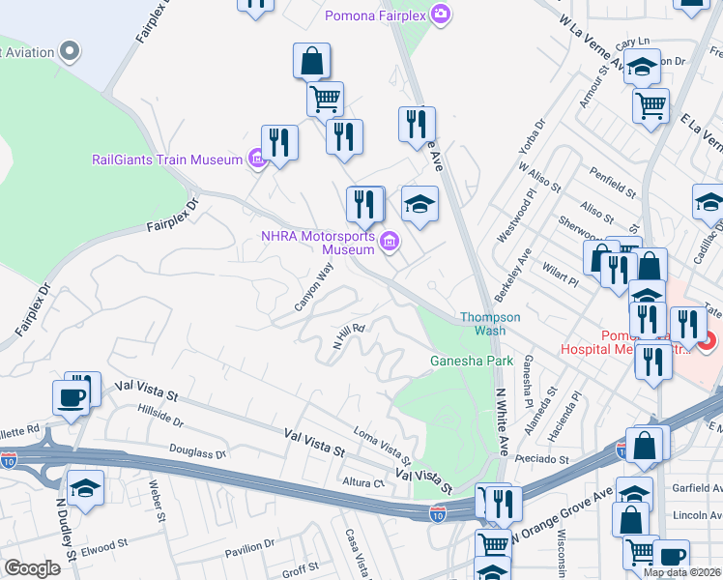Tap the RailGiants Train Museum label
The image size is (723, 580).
point(167,159)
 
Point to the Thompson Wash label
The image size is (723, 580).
point(490,323)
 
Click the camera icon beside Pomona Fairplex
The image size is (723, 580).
point(441,14)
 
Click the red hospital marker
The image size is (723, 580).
point(707,341)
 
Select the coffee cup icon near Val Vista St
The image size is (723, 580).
point(70,397)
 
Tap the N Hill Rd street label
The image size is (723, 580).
point(348,341)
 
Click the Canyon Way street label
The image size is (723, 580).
point(313,288)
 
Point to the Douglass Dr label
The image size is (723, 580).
point(197,451)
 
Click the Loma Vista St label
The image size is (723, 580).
point(383,446)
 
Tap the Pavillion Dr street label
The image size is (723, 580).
point(250,550)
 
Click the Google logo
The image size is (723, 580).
point(32,568)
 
